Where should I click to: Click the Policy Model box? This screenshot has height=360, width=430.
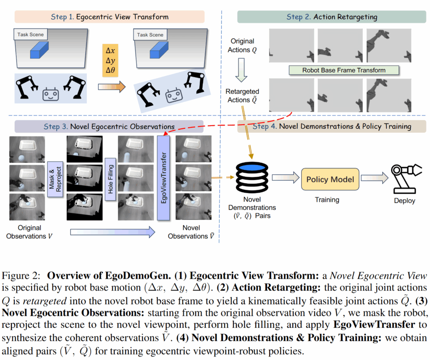[x=330, y=180]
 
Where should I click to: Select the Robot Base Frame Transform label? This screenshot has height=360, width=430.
[x=343, y=70]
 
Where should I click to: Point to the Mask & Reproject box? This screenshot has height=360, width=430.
[x=55, y=180]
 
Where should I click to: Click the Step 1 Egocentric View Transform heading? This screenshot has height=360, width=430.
[x=109, y=17]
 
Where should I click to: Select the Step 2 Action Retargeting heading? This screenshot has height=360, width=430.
[x=332, y=17]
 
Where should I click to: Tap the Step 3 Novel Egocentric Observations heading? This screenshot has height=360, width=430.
[x=109, y=126]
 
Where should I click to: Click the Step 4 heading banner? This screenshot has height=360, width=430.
[x=332, y=126]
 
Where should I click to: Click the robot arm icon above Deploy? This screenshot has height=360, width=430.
[x=404, y=178]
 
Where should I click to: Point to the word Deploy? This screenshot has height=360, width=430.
[x=404, y=201]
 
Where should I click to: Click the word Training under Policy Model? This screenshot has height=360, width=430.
[x=327, y=200]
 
